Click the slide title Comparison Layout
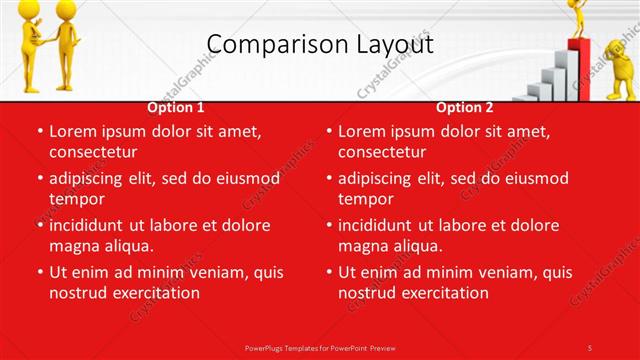pos(320,44)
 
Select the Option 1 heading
pos(176,107)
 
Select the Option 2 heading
pos(464,107)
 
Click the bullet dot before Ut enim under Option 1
pos(39,272)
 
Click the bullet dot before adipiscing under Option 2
pos(328,179)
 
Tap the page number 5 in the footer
pos(590,347)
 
